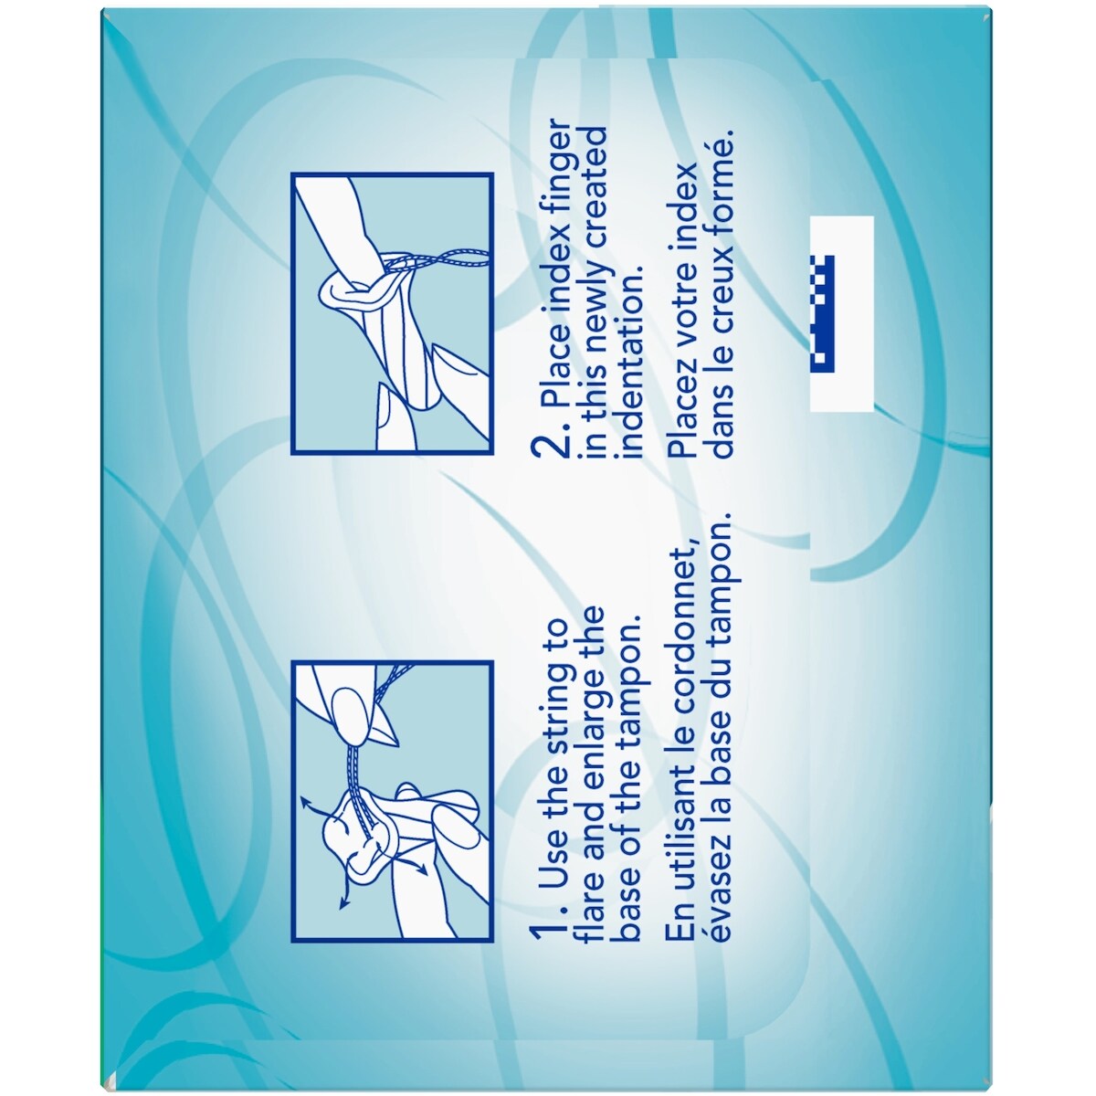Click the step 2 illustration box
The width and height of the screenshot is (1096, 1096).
(392, 314)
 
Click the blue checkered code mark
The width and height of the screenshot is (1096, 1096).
(822, 314)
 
